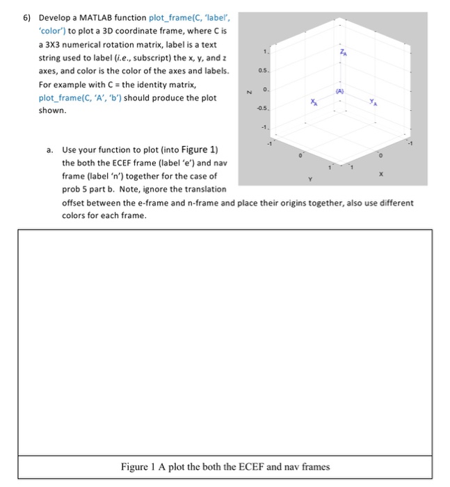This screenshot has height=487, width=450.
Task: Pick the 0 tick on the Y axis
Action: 300,155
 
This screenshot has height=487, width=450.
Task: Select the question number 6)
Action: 27,17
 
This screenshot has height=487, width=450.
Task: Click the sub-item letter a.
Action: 49,150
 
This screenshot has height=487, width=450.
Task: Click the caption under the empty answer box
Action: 225,466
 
